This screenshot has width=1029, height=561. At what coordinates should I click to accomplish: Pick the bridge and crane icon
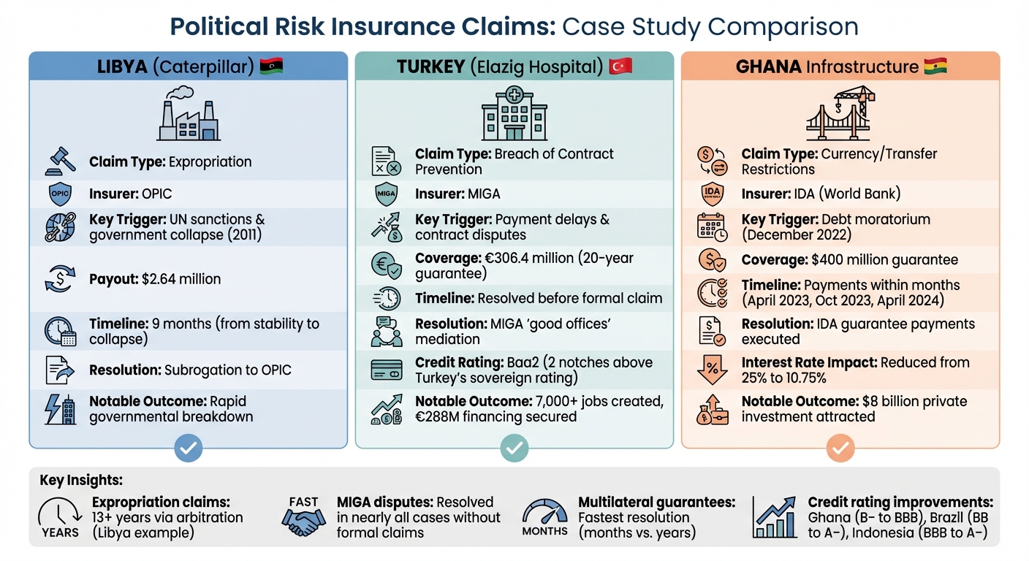[840, 113]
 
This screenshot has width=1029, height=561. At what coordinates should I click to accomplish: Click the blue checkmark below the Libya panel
[188, 448]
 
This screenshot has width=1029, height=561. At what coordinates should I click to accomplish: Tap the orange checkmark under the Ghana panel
[840, 448]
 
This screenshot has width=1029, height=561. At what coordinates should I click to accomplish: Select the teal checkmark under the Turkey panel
[514, 448]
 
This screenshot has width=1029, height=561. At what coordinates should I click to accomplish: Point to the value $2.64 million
[180, 279]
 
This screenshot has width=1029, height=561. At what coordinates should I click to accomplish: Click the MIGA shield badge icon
[385, 194]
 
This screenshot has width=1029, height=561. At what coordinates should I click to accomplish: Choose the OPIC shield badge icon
[60, 194]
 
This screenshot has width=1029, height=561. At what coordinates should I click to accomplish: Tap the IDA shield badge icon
[711, 194]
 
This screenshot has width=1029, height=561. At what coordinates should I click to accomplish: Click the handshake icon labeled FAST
[303, 519]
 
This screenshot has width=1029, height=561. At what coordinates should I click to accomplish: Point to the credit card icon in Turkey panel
[386, 370]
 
